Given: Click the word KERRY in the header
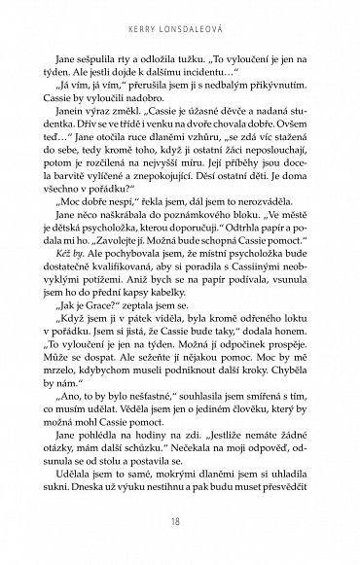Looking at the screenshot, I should coord(146,26).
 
